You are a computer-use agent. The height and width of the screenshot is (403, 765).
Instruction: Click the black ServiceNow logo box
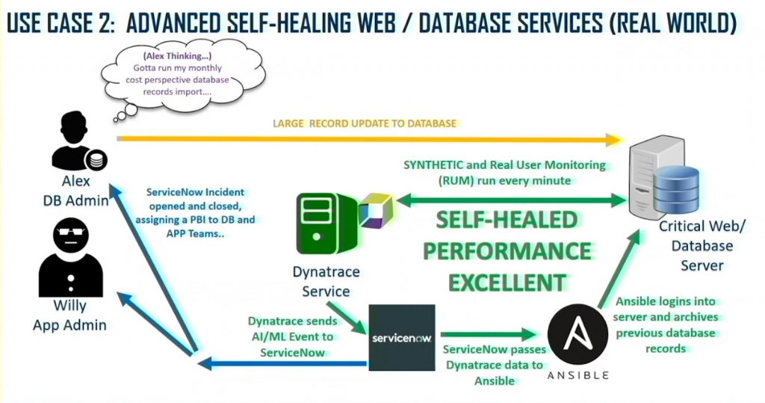pos(402,337)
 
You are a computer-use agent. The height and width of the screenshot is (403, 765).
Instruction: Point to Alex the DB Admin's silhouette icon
pos(75,140)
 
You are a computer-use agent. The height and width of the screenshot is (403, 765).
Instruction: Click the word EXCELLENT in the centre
pos(508,282)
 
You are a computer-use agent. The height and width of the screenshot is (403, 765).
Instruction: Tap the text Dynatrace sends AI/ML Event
pos(293,329)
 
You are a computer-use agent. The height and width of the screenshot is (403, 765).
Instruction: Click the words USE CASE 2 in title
pos(60,23)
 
